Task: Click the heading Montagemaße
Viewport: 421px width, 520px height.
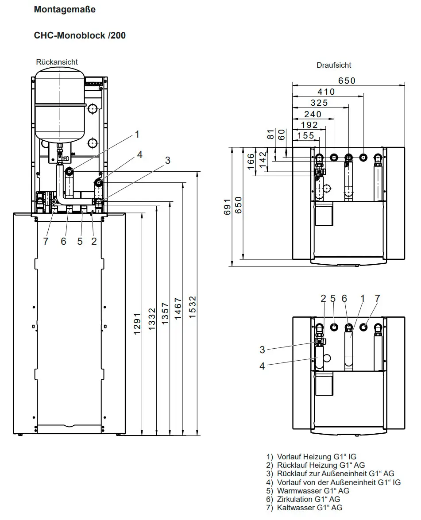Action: [65, 9]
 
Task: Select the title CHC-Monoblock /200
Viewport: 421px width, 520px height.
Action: [80, 35]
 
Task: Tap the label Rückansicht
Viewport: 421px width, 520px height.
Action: [57, 62]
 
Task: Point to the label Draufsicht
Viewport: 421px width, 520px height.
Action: [334, 65]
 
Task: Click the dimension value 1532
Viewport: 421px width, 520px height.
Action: [193, 308]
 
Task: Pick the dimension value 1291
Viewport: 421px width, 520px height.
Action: [137, 324]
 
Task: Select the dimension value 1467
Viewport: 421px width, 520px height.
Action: [178, 308]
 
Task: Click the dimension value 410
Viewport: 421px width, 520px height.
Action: [326, 92]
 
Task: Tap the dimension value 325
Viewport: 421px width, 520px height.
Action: [319, 103]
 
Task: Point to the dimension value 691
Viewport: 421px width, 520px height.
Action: [227, 207]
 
